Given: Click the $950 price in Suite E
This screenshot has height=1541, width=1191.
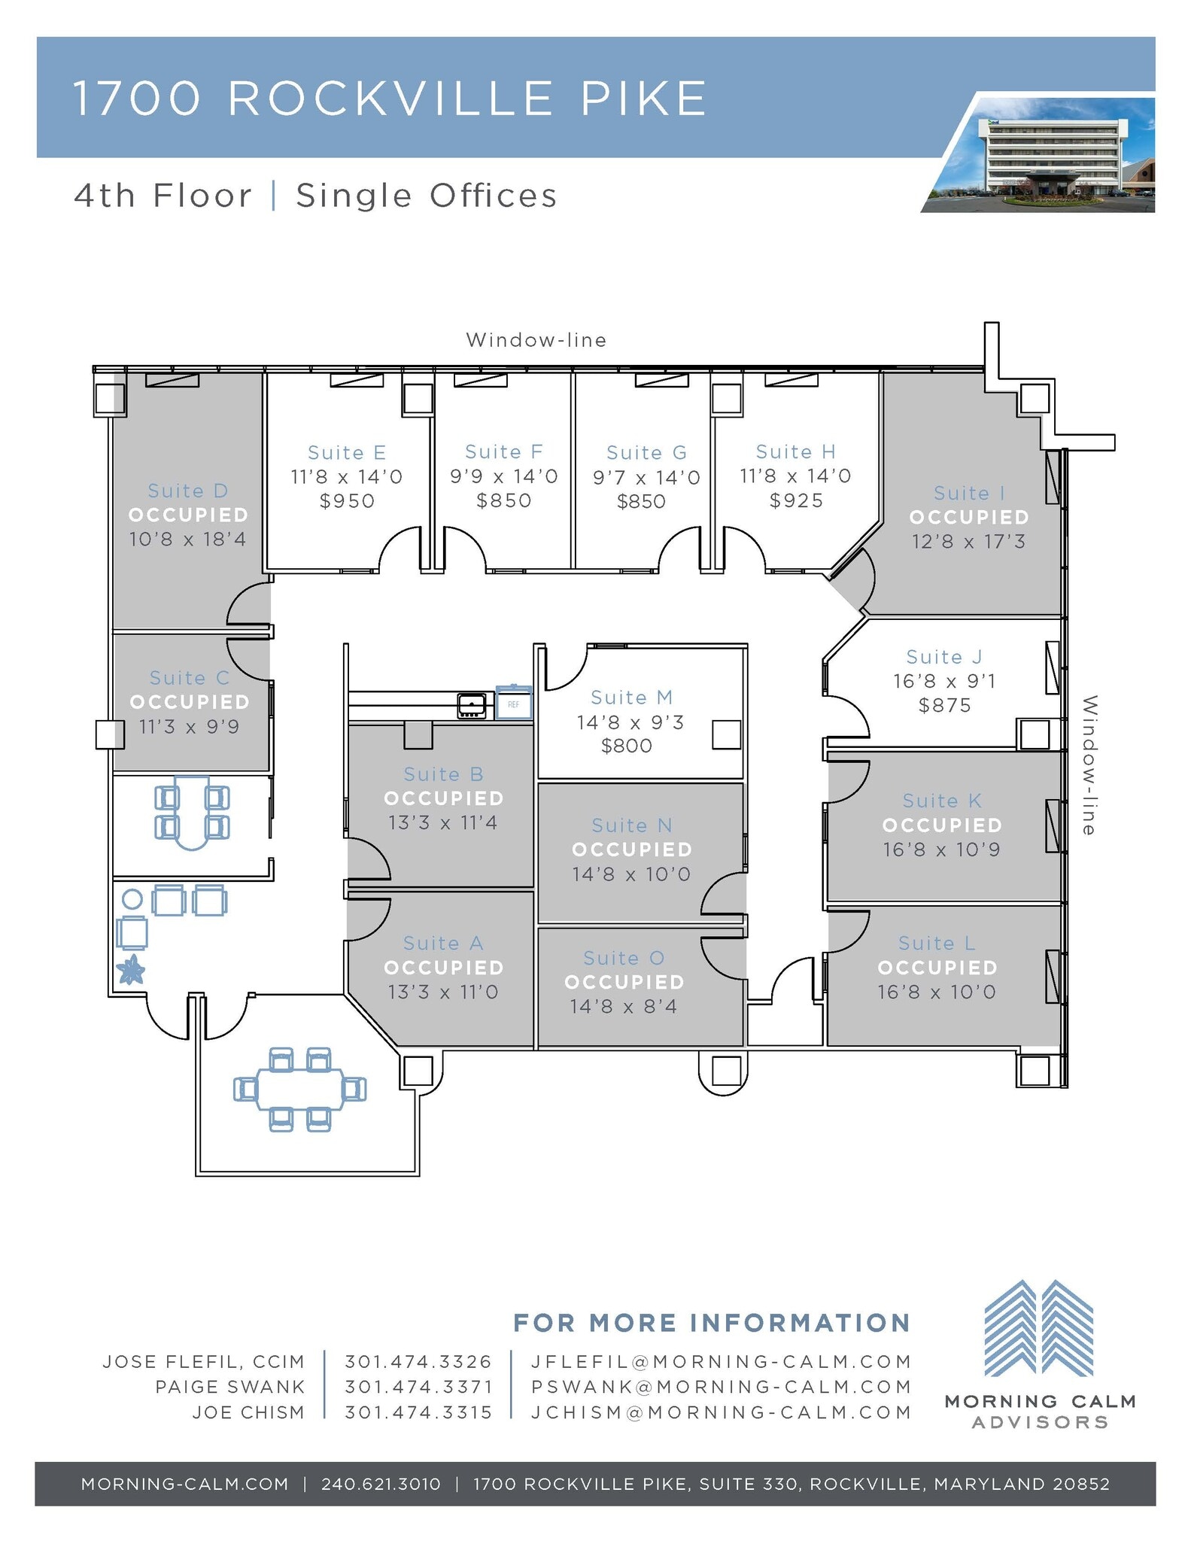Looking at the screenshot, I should click(x=347, y=501).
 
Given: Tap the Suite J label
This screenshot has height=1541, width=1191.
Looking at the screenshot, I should click(x=944, y=657).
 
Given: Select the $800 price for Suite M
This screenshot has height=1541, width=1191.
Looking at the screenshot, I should click(x=627, y=746).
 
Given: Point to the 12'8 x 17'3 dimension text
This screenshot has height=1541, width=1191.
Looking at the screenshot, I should click(x=968, y=542).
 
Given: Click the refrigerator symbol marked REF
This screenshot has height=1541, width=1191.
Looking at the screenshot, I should click(x=514, y=704).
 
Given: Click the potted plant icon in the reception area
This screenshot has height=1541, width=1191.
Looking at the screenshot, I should click(x=132, y=970).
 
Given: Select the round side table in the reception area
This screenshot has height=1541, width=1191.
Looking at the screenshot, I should click(x=132, y=898).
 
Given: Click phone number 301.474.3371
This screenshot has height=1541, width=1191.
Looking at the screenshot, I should click(x=418, y=1387).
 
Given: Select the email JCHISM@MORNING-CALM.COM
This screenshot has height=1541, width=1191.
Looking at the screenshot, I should click(x=721, y=1412).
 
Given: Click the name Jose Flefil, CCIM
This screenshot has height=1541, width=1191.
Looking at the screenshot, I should click(x=204, y=1362).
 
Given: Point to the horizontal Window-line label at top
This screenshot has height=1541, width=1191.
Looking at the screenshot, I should click(x=536, y=340).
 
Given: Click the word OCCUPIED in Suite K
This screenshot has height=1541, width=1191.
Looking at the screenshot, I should click(x=942, y=825).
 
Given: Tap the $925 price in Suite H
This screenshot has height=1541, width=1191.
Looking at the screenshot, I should click(x=796, y=501).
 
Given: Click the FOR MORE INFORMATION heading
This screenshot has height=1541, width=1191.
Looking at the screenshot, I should click(x=712, y=1323).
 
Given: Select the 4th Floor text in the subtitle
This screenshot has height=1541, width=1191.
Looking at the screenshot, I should click(x=163, y=196).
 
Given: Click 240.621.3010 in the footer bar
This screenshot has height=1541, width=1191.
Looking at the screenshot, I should click(x=381, y=1484).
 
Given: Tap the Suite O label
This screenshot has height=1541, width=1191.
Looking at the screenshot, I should click(x=624, y=958).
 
